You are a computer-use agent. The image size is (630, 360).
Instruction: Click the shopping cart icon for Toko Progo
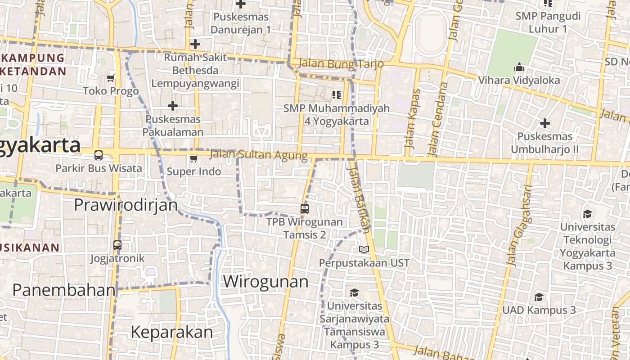coord(111,78)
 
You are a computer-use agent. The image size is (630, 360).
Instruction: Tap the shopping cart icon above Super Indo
coord(193,158)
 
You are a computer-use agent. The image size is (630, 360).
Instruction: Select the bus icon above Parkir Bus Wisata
coord(99,155)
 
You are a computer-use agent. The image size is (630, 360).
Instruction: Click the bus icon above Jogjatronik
coord(117,245)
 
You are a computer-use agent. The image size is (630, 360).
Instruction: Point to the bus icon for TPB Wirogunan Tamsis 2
coord(305,209)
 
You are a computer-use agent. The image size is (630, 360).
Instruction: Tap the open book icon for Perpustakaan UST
coord(364,249)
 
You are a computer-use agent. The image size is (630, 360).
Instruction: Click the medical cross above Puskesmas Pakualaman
coord(173,106)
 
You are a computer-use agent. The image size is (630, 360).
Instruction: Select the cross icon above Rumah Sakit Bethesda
coord(195,44)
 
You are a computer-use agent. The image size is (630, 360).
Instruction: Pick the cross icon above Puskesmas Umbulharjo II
coord(545,123)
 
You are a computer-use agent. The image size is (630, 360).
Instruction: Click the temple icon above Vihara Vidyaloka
coord(519,67)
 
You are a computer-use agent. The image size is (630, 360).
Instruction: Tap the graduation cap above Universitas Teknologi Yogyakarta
coord(587,213)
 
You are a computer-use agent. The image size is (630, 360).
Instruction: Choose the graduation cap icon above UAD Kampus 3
coord(539,297)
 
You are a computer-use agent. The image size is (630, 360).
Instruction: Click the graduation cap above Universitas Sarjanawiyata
coord(355,292)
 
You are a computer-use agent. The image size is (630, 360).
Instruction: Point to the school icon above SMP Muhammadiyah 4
coord(337,94)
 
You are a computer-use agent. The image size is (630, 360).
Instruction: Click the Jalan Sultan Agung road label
coord(259,155)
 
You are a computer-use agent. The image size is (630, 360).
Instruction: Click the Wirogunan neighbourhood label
coord(265,282)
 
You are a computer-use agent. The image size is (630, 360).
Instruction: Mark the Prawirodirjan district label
coord(126,205)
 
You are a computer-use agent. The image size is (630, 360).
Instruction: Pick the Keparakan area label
coord(171,332)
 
